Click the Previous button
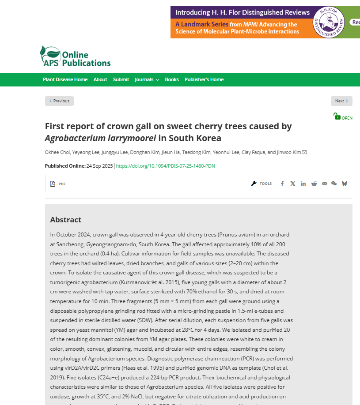[x=59, y=101]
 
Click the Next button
[x=341, y=101]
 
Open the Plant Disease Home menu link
[x=65, y=79]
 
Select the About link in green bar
[x=100, y=79]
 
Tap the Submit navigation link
[x=121, y=79]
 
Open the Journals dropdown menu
[x=147, y=79]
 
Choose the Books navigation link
[x=172, y=79]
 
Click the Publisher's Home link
[x=204, y=79]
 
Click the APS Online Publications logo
[x=75, y=56]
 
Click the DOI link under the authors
[x=165, y=166]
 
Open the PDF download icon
[x=53, y=184]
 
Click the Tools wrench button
[x=261, y=184]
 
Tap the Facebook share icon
[x=282, y=184]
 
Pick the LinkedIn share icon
[x=303, y=184]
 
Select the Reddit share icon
[x=314, y=184]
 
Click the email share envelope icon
[x=325, y=184]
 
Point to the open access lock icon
[x=337, y=116]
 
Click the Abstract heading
[x=66, y=220]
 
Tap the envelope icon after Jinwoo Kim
[x=304, y=153]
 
